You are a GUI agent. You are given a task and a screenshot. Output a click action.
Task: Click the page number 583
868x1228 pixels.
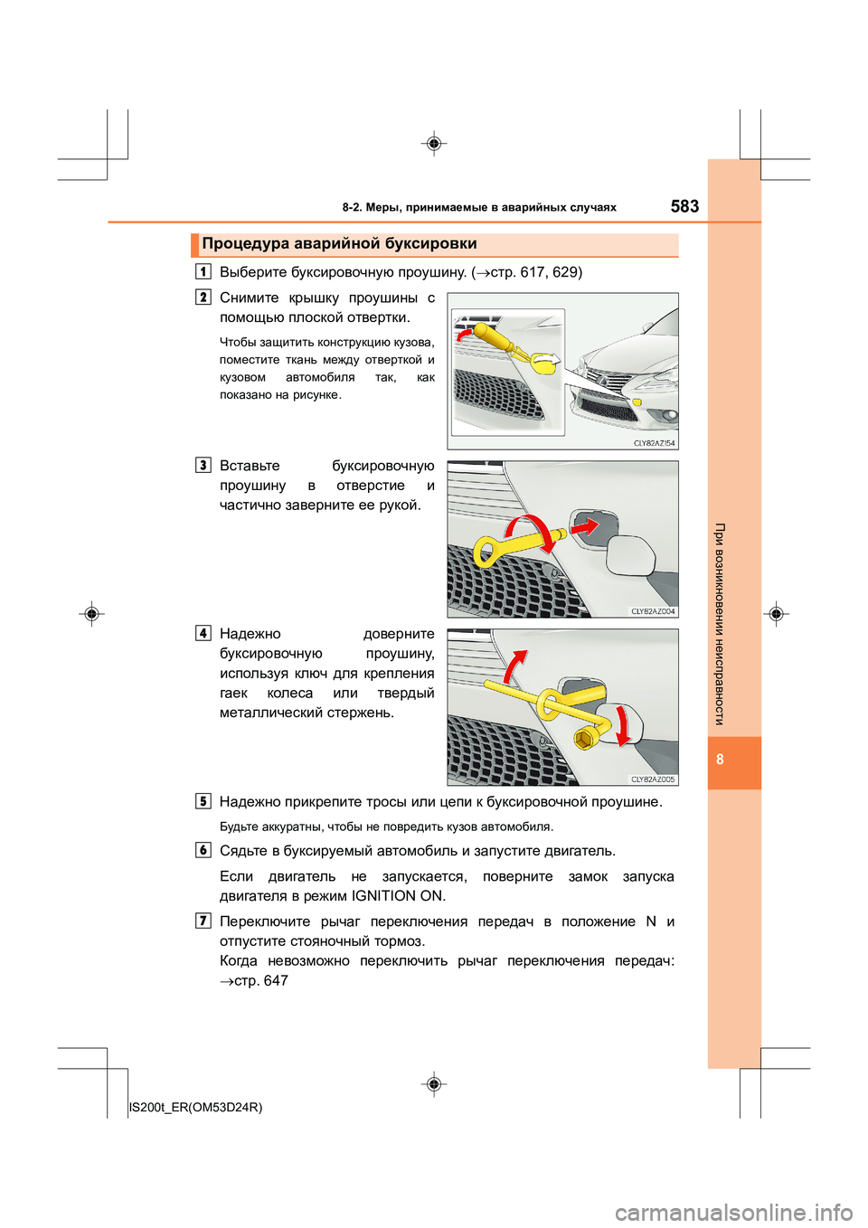click(684, 206)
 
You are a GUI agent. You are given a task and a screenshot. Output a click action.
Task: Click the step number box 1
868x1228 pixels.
click(203, 271)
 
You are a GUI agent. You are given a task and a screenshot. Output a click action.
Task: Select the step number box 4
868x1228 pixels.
click(203, 633)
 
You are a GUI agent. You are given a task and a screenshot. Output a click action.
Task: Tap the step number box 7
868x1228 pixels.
click(203, 921)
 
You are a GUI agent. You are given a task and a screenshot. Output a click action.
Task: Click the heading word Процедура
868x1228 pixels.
click(245, 243)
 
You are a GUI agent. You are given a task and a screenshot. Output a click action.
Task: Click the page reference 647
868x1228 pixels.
click(276, 980)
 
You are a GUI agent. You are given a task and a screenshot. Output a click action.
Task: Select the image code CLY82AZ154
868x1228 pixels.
click(654, 443)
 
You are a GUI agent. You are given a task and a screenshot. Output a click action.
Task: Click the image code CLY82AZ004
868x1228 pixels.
click(653, 611)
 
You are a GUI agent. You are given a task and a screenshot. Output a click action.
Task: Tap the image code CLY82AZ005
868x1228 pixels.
click(653, 779)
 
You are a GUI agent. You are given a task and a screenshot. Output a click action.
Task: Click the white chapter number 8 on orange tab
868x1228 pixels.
click(720, 760)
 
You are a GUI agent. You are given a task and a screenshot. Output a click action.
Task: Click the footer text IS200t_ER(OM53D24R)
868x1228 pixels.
click(196, 1107)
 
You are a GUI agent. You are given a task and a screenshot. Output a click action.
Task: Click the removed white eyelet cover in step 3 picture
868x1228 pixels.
click(631, 553)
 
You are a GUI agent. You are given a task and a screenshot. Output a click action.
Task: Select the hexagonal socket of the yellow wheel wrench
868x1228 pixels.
click(583, 740)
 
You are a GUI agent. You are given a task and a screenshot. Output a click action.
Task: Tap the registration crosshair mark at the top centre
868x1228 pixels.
click(434, 144)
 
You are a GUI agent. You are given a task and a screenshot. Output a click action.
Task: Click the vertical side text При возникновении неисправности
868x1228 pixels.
click(720, 624)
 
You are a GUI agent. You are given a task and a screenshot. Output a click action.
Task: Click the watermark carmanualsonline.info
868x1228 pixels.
click(733, 1212)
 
